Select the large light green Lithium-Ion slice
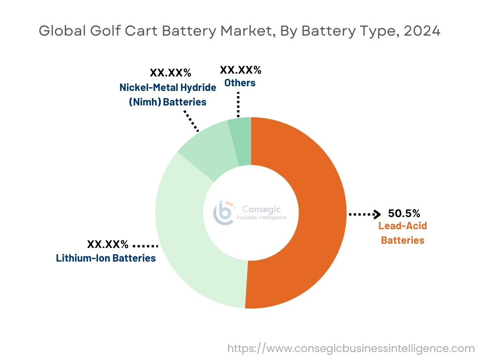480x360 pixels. point(187,244)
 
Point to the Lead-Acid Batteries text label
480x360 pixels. point(403,233)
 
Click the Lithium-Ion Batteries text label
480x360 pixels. point(106,258)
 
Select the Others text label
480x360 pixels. point(240,83)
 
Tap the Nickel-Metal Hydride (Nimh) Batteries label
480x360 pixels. point(167,95)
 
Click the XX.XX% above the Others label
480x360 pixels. point(240,70)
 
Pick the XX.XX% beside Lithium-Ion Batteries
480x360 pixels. point(107,244)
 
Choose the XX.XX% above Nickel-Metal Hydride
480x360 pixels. point(171,73)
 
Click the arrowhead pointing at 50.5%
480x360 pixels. point(376,214)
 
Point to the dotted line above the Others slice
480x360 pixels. point(238,104)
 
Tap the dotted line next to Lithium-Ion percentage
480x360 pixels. point(146,245)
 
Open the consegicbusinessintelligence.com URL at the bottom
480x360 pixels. point(351,348)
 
